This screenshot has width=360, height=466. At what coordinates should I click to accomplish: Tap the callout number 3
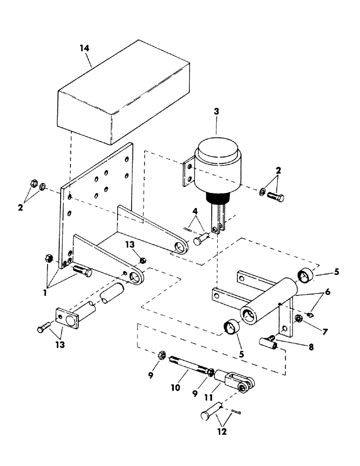coord(216,112)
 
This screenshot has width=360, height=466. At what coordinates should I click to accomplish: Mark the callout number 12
coord(222,432)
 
